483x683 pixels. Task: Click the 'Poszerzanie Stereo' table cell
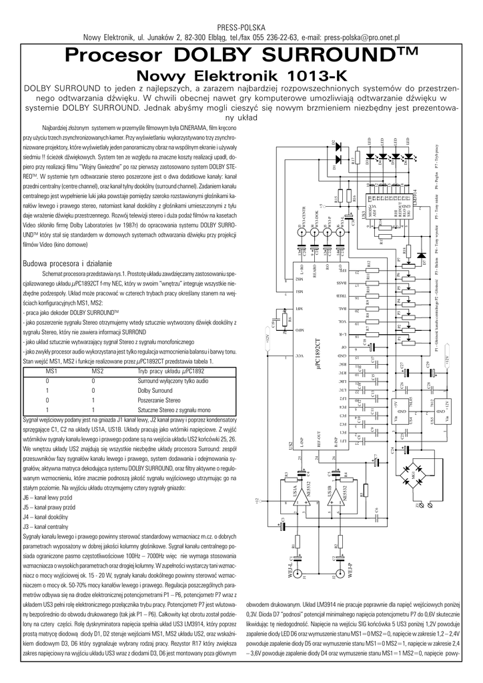tap(159, 400)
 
